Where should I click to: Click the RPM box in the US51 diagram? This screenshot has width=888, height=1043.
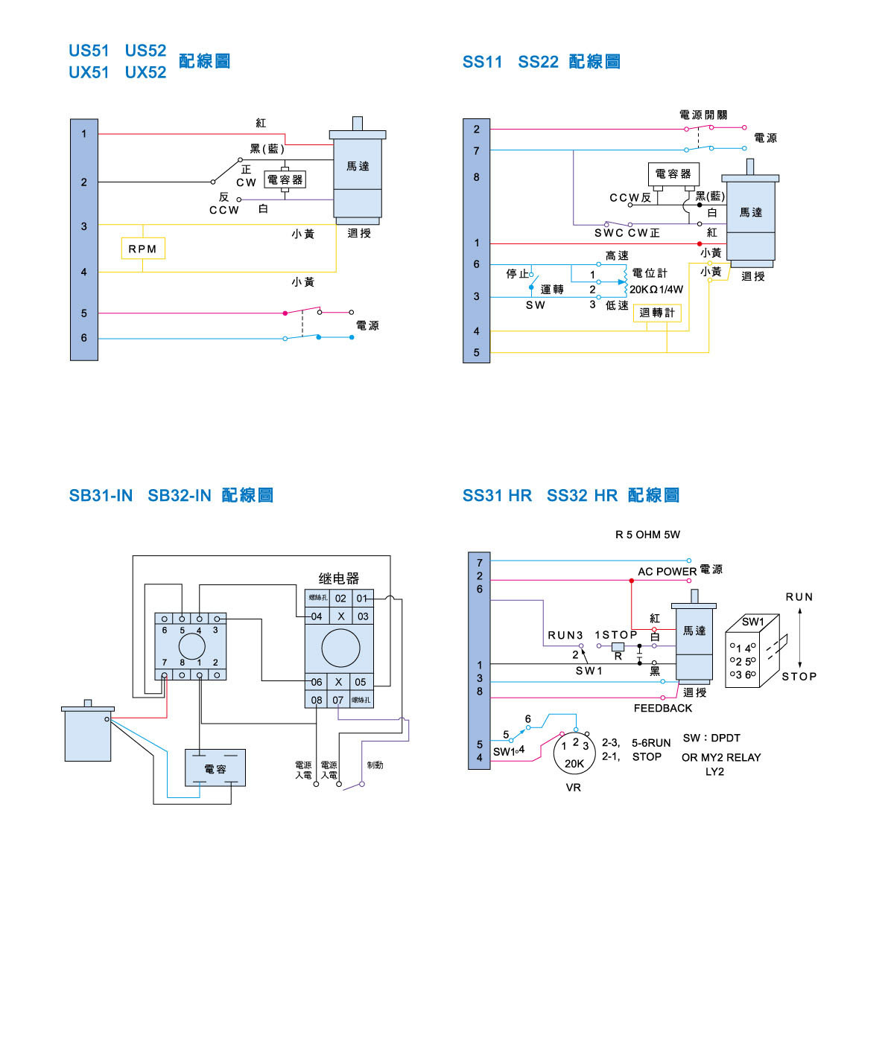pos(142,249)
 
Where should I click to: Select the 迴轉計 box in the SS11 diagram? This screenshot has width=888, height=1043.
pos(656,313)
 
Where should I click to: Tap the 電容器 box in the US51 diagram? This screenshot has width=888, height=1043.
pos(285,179)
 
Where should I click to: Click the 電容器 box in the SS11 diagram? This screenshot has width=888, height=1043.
pos(673,173)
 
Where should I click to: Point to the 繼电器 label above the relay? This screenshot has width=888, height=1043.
pos(339,578)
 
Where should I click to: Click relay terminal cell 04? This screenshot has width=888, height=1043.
pos(317,616)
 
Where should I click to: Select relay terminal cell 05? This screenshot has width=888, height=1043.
pos(361,682)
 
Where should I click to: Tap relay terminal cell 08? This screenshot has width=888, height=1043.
pos(317,700)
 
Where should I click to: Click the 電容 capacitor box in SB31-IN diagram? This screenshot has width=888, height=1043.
pos(215,768)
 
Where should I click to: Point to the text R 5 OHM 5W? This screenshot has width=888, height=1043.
pos(647,535)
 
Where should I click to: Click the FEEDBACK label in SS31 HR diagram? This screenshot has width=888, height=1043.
pos(662,708)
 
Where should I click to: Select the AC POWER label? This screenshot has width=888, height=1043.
pos(667,571)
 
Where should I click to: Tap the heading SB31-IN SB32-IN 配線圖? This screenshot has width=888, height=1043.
pos(171,495)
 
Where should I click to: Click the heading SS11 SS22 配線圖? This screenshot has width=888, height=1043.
pos(541,62)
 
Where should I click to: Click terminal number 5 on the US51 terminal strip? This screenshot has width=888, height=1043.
pos(84,313)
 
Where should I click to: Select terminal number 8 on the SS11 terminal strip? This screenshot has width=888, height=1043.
pos(477,177)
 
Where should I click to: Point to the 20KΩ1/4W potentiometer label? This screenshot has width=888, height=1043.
pos(656,290)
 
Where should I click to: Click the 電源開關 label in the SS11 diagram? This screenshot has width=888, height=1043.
pos(703,115)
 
